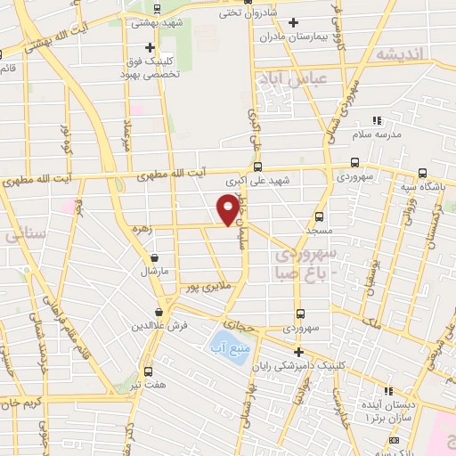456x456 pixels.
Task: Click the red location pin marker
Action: [228, 209]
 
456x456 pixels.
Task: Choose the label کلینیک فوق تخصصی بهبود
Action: [151, 69]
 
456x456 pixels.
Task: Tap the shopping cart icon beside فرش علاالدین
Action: [159, 313]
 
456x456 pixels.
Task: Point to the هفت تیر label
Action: [148, 386]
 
